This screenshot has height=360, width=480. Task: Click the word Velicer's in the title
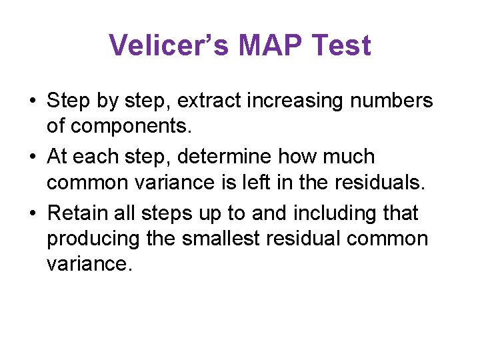click(x=168, y=46)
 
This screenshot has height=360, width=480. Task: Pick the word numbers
click(x=395, y=101)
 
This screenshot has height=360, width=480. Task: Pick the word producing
click(x=94, y=237)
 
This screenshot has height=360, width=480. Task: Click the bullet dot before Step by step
click(x=32, y=102)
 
